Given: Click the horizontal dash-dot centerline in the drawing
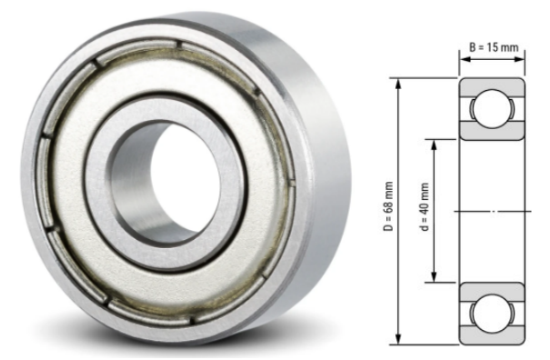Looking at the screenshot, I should (491, 212).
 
